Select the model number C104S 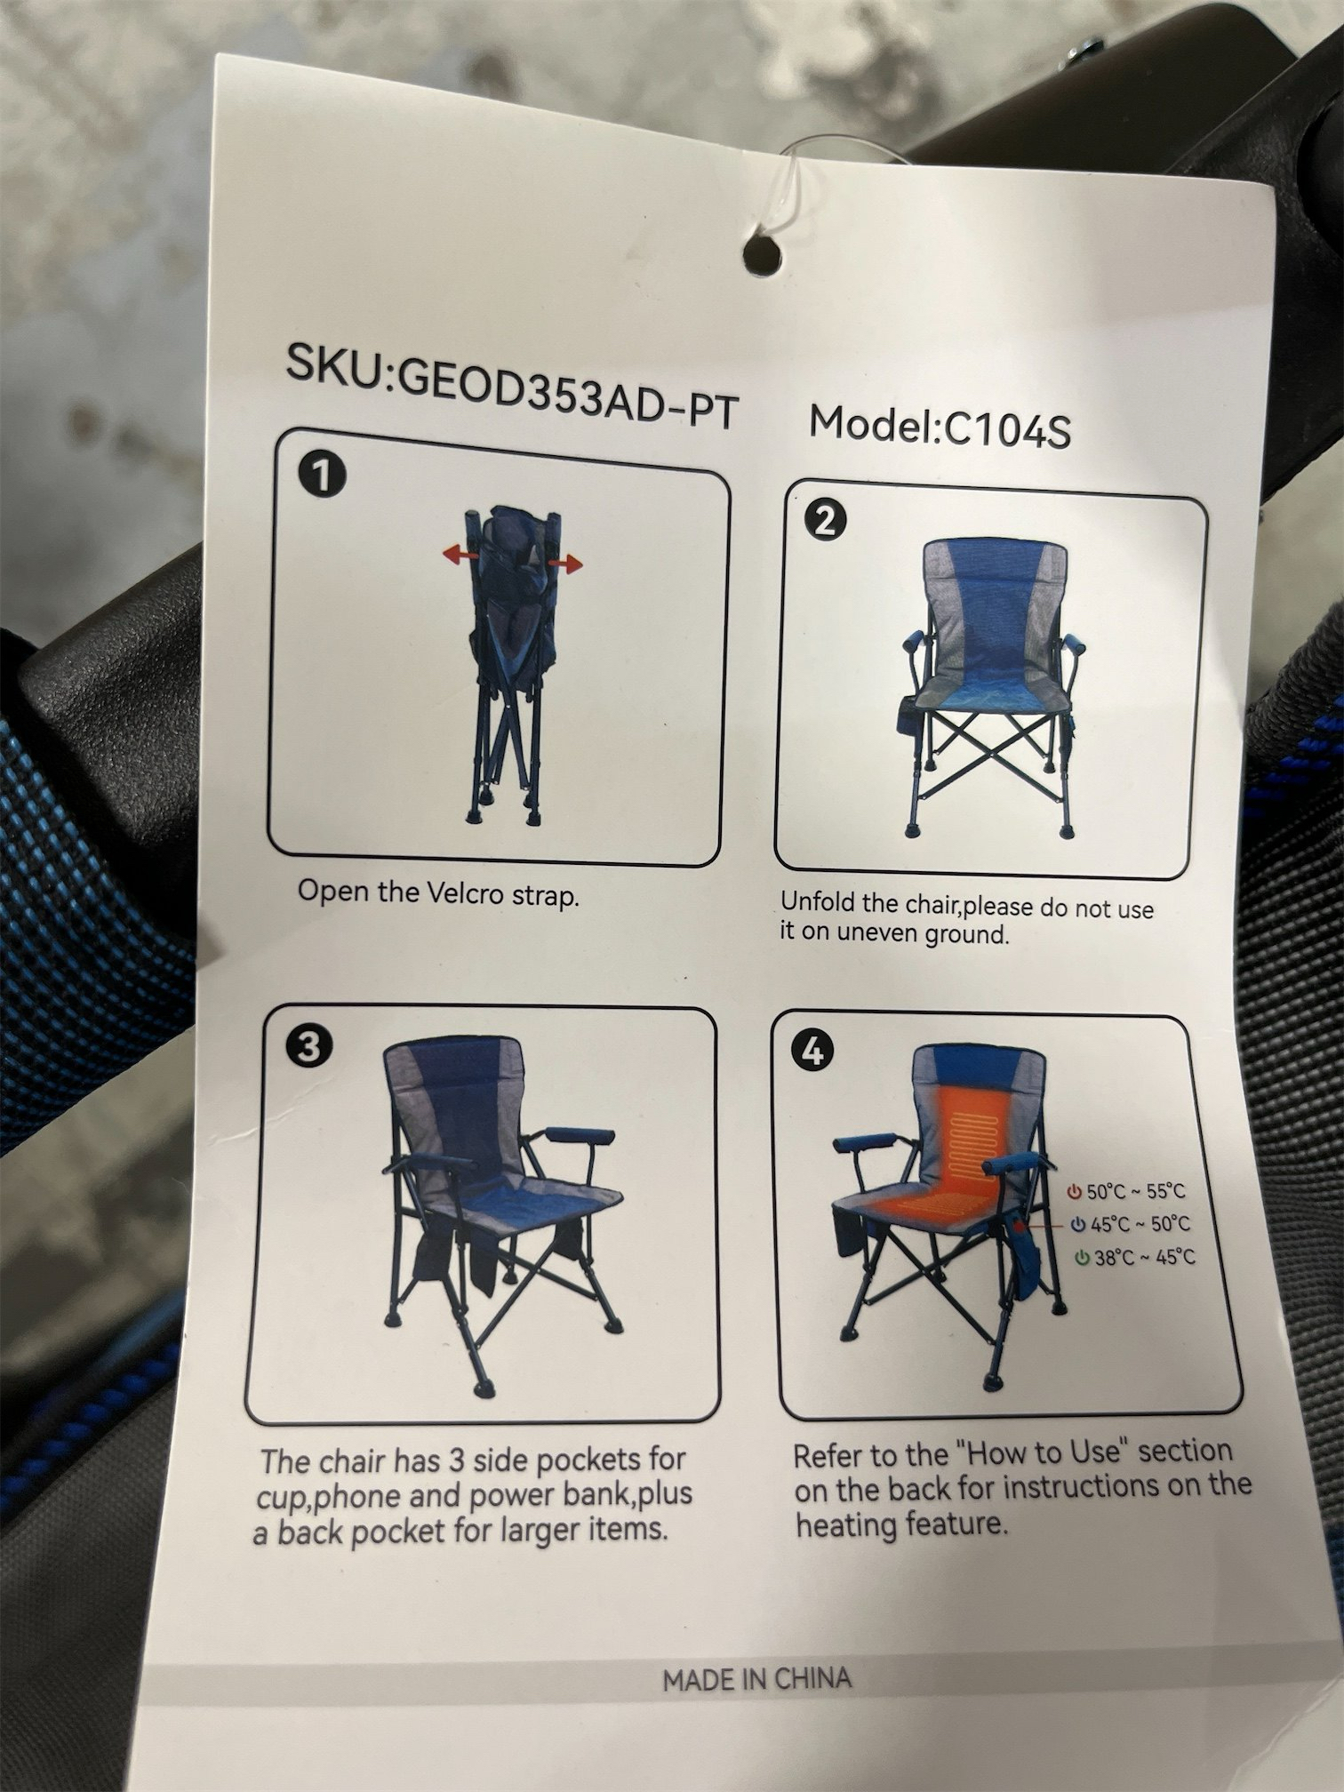(1007, 430)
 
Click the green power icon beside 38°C (1082, 1257)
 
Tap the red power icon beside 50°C (1076, 1191)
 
